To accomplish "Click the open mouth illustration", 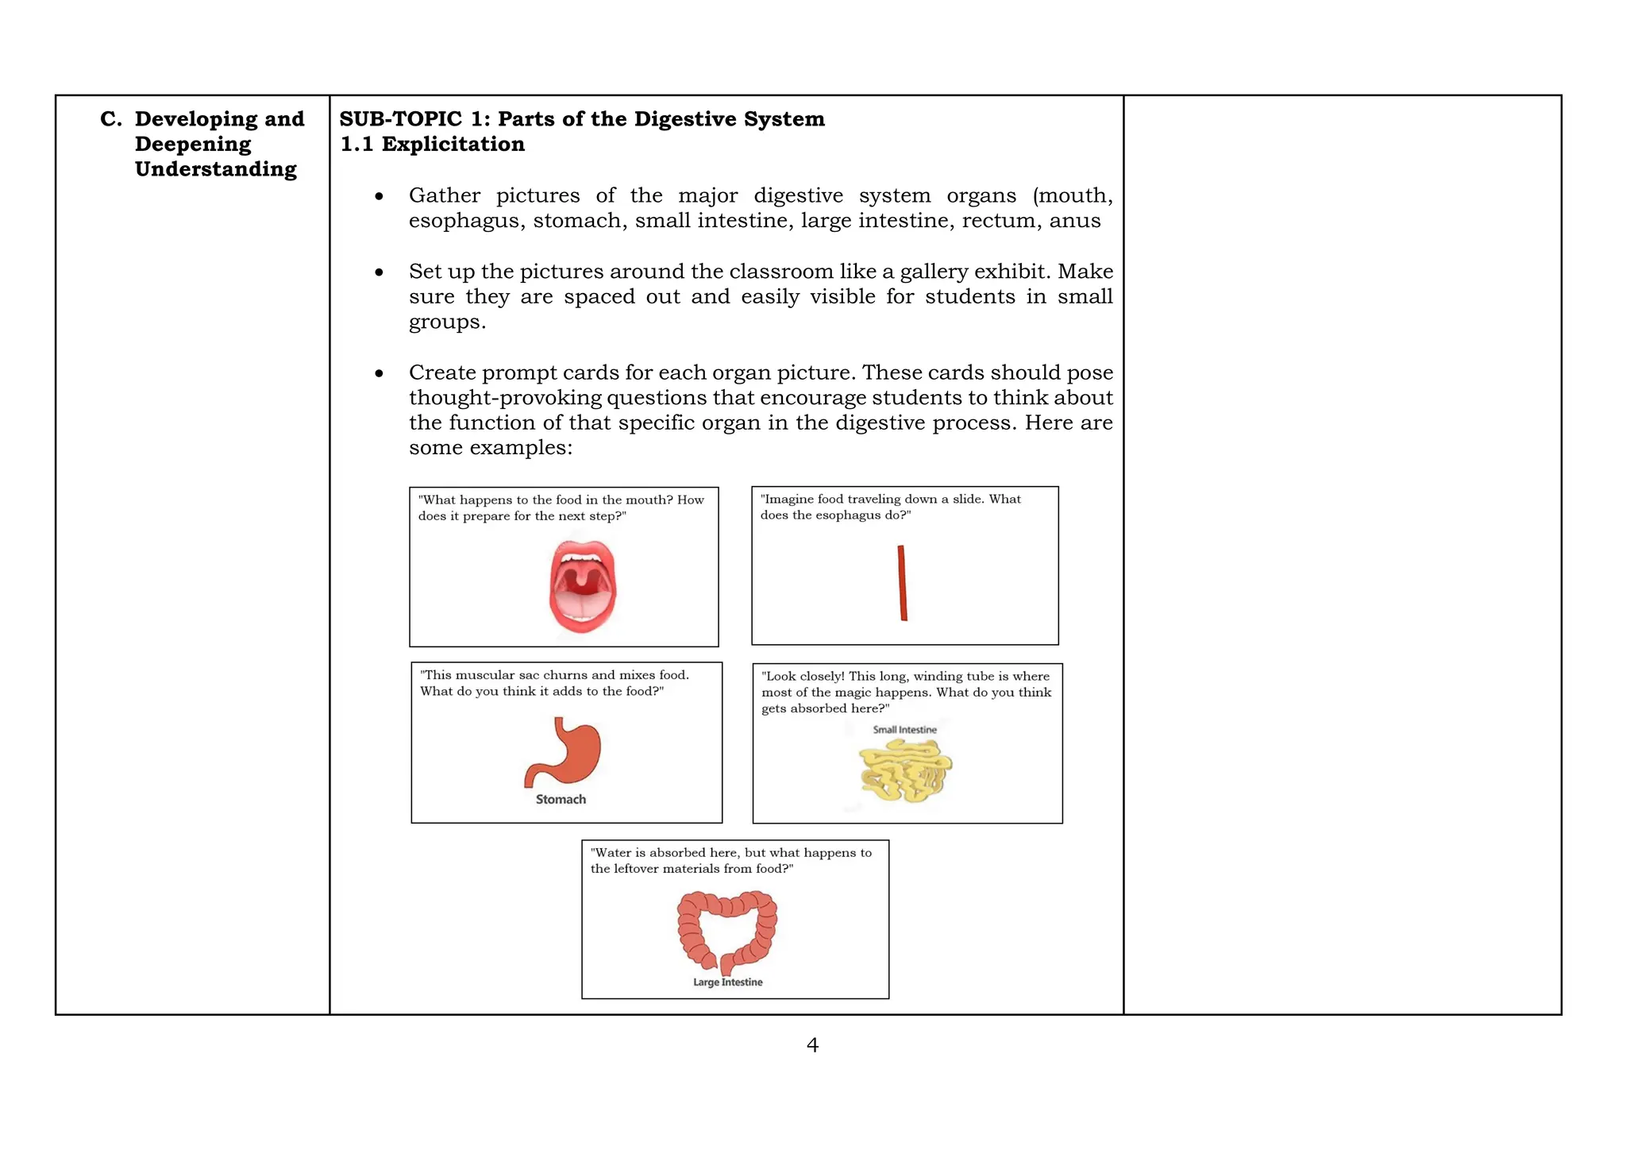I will [583, 586].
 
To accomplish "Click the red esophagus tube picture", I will [902, 582].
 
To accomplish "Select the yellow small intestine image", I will [905, 770].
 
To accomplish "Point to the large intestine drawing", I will [727, 930].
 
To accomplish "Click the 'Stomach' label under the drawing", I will [561, 800].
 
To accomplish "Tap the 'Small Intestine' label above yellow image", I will [904, 730].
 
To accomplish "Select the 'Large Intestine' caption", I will [727, 982].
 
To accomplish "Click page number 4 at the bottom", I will [812, 1045].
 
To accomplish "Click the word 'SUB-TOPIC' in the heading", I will [400, 119].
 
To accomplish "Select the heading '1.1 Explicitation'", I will [433, 145].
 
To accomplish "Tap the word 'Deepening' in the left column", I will [193, 145].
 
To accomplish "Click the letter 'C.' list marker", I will [111, 119].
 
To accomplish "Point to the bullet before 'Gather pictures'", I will [380, 196].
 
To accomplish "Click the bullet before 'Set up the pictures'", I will [380, 272].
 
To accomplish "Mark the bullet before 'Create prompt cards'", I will [380, 373].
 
